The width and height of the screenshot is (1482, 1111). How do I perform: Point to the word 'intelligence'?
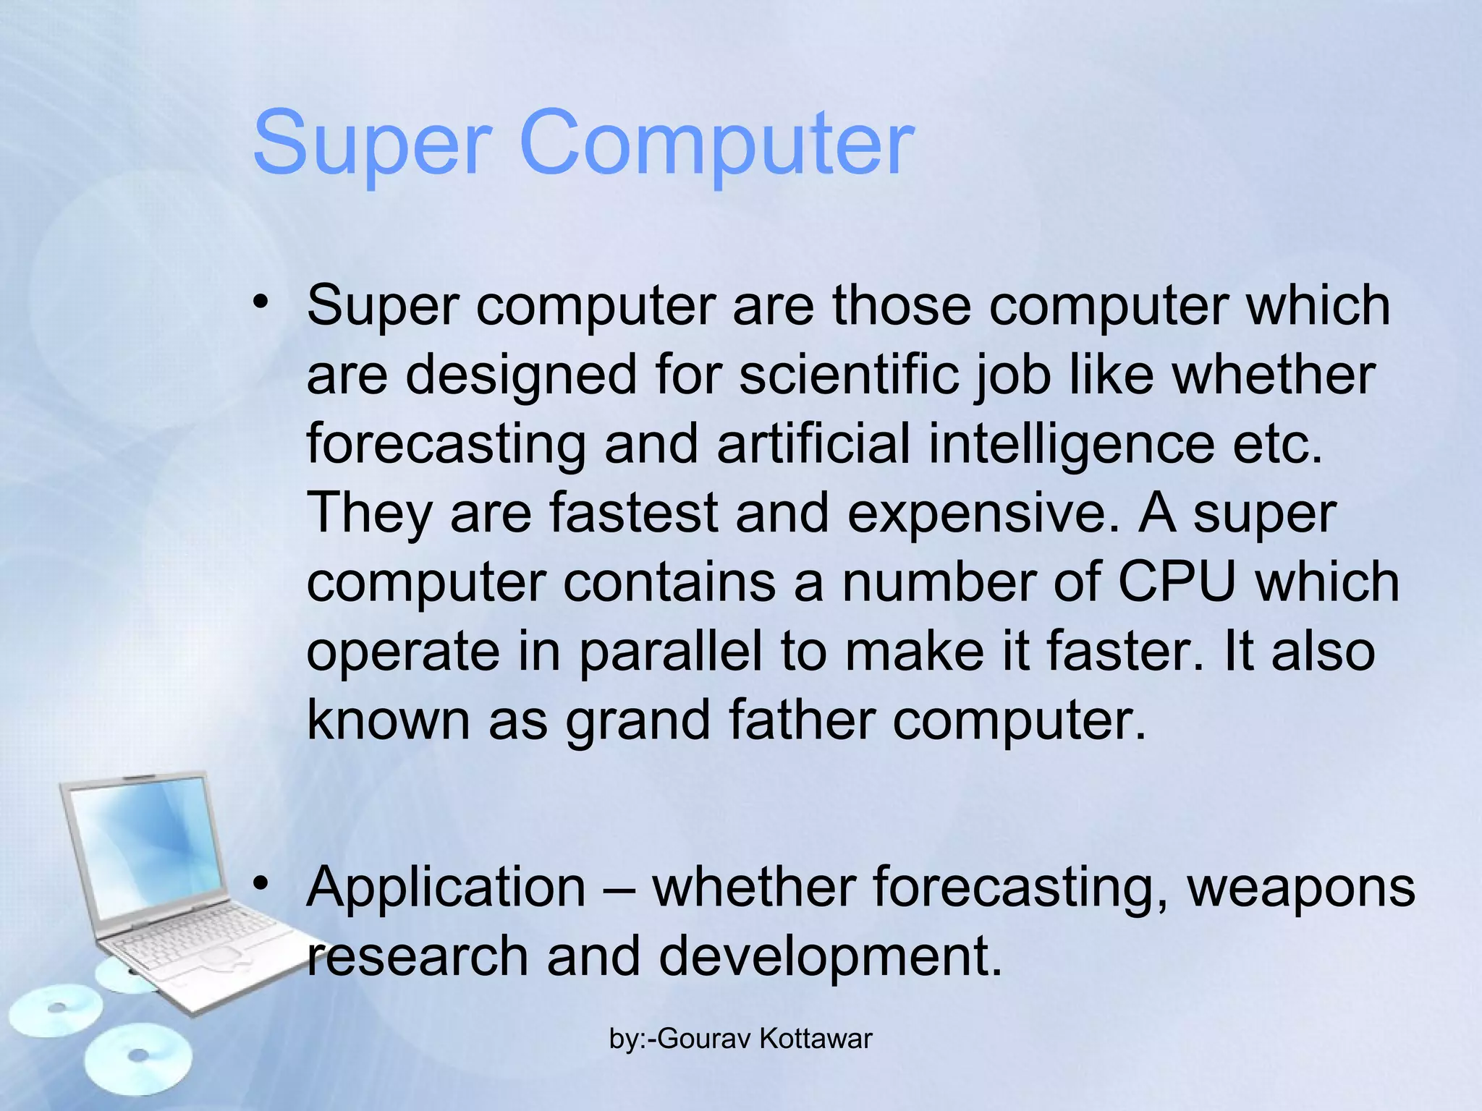tap(1071, 445)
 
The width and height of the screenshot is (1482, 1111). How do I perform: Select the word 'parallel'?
tap(670, 652)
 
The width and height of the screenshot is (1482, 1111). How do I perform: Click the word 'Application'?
tap(446, 887)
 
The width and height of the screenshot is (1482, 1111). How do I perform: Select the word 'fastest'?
tap(634, 513)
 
